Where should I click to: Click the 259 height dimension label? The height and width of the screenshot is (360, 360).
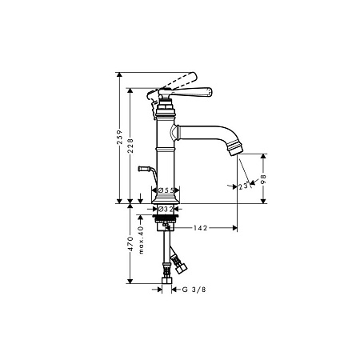click(x=120, y=137)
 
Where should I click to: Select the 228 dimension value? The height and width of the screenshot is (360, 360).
click(x=130, y=146)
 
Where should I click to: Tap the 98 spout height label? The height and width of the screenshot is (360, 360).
click(x=264, y=179)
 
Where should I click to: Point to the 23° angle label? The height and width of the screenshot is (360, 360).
click(x=245, y=186)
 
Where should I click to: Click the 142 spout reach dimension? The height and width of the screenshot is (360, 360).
click(x=200, y=228)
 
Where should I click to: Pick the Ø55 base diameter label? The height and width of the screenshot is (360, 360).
click(x=166, y=190)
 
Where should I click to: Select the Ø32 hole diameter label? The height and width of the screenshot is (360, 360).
click(x=166, y=210)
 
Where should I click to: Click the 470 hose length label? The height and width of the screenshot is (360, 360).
click(x=130, y=244)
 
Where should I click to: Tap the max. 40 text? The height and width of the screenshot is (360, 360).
click(x=142, y=240)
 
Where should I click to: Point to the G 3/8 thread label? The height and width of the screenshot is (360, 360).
click(x=194, y=290)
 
